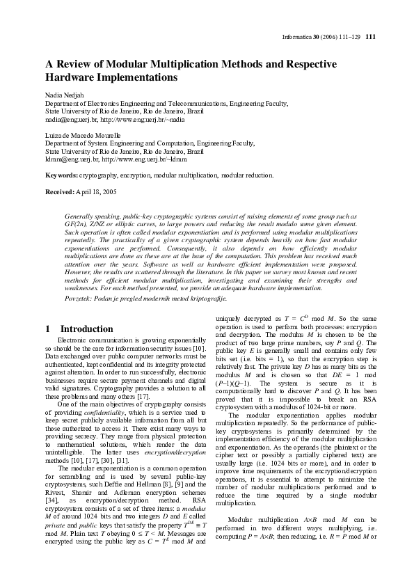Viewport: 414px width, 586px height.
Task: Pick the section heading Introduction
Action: [x=86, y=328]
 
